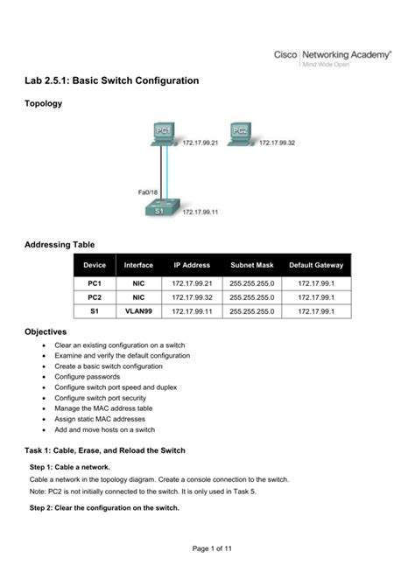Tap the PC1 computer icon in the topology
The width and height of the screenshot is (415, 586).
coord(164,133)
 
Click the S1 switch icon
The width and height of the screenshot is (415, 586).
coord(164,207)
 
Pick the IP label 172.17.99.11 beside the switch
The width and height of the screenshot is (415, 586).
coord(200,212)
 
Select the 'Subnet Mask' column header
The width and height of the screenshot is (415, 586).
coord(252,265)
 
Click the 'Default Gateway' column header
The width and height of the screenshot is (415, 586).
coord(316,265)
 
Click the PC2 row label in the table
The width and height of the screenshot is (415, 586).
coord(95,297)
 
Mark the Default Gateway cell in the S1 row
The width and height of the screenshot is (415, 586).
coord(316,310)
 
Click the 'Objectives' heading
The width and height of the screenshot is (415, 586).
coord(45,332)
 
